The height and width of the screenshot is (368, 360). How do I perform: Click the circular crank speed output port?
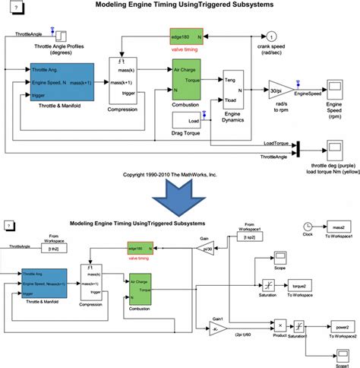tap(272, 37)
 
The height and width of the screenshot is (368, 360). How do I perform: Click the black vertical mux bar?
tap(298, 147)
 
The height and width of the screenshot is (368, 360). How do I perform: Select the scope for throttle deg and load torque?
tap(334, 146)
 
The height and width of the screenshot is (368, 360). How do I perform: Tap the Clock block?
tap(308, 227)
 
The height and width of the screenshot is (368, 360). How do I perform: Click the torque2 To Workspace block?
tap(298, 286)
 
